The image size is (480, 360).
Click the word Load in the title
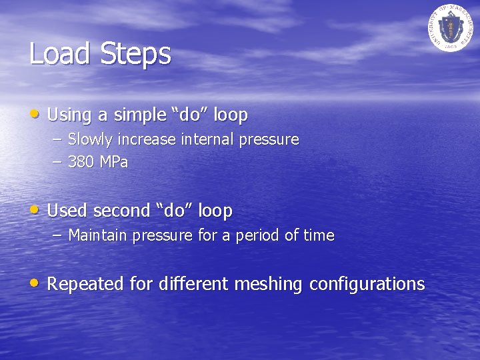click(61, 54)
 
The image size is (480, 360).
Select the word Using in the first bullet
click(69, 115)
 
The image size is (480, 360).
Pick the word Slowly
click(92, 140)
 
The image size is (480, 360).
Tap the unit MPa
click(114, 162)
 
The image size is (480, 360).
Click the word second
click(121, 211)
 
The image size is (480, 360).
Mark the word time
click(320, 235)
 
